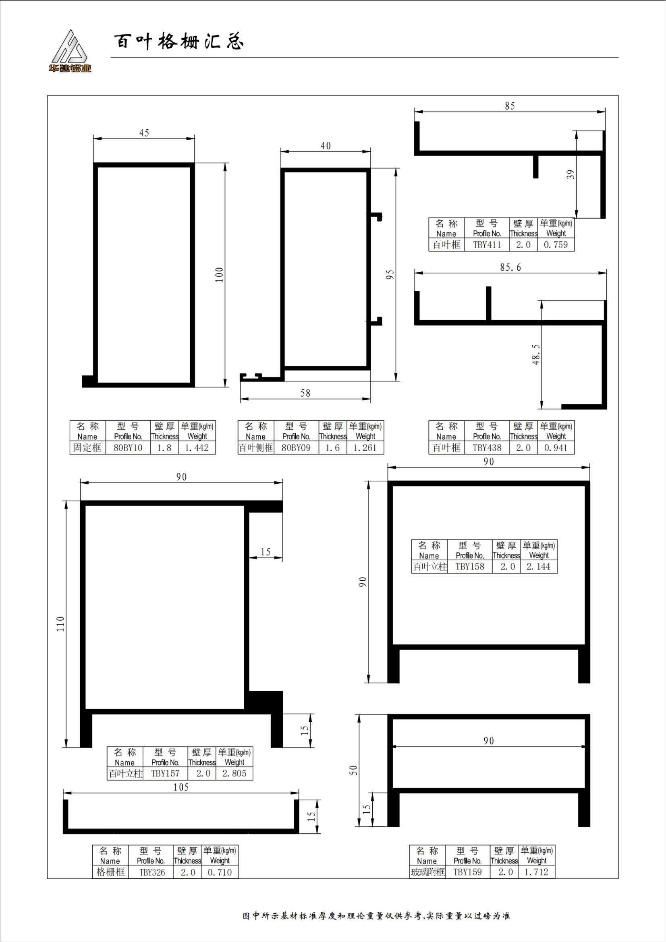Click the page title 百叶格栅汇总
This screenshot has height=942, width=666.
click(178, 41)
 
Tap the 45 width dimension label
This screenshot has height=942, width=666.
click(144, 133)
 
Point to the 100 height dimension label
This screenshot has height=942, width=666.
click(219, 275)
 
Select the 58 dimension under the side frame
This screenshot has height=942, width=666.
click(305, 393)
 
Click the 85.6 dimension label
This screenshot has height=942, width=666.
click(510, 267)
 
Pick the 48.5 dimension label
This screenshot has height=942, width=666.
click(535, 354)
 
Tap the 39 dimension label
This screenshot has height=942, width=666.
click(571, 174)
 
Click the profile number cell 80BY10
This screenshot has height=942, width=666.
click(128, 447)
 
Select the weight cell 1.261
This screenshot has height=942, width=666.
click(365, 447)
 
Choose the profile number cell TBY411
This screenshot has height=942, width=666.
click(487, 244)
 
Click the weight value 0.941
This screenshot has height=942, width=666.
click(556, 447)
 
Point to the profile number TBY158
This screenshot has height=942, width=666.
click(470, 567)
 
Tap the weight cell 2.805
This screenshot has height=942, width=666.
click(234, 773)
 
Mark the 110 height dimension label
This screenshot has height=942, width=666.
click(60, 623)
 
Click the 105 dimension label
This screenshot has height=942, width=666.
click(181, 787)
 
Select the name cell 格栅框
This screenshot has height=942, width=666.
click(110, 872)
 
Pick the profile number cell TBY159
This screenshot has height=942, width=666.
click(468, 872)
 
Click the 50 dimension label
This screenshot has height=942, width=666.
click(353, 770)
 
